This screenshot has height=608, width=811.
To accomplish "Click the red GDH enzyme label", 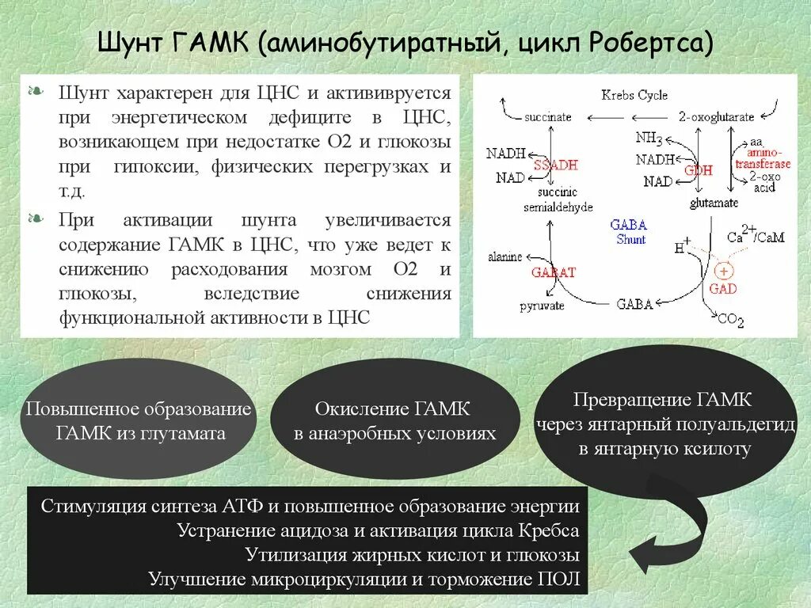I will (x=698, y=170).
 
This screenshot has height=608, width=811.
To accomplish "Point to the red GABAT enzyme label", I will (x=554, y=272).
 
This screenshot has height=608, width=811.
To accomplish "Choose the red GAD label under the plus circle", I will (x=723, y=289).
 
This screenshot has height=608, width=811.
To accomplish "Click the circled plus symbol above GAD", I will (x=723, y=271).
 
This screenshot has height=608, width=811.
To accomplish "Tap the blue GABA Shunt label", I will (x=629, y=232).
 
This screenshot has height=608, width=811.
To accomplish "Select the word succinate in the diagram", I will (x=547, y=117).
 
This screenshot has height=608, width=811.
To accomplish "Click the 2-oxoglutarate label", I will (x=716, y=117).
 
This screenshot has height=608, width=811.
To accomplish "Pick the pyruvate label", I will (x=542, y=305).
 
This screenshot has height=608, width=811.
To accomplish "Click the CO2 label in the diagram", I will (x=729, y=320).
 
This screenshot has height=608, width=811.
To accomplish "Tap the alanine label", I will (x=504, y=256).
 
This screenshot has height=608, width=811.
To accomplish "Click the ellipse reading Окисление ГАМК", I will (x=395, y=420).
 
